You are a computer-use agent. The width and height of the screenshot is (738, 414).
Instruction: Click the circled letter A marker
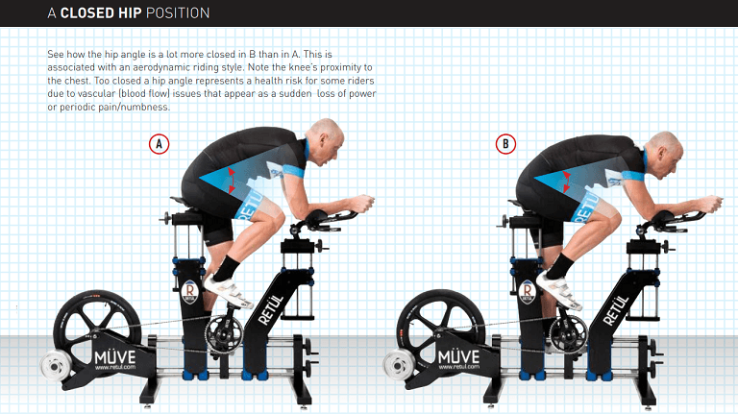point(160,144)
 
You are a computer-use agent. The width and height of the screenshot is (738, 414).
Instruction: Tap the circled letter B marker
point(506,144)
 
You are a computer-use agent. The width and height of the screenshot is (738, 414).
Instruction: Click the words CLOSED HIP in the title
point(101,12)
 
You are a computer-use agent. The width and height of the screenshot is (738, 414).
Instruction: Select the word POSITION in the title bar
point(178,12)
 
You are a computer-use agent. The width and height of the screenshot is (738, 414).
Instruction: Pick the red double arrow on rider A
point(231,181)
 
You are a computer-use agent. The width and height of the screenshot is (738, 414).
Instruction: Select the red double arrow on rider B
point(566,182)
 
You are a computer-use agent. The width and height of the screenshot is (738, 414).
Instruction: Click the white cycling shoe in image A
point(227,291)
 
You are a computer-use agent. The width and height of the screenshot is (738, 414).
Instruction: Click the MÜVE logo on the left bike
point(115,357)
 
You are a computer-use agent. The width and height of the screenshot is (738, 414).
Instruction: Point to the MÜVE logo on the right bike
point(459,356)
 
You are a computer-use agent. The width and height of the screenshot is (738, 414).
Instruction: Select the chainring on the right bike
point(568,333)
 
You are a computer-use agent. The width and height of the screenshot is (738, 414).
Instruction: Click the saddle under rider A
point(184,204)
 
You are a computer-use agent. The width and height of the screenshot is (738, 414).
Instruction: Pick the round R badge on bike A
point(190,292)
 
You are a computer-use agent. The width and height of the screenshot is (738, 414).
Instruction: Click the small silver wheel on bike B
point(399,366)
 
